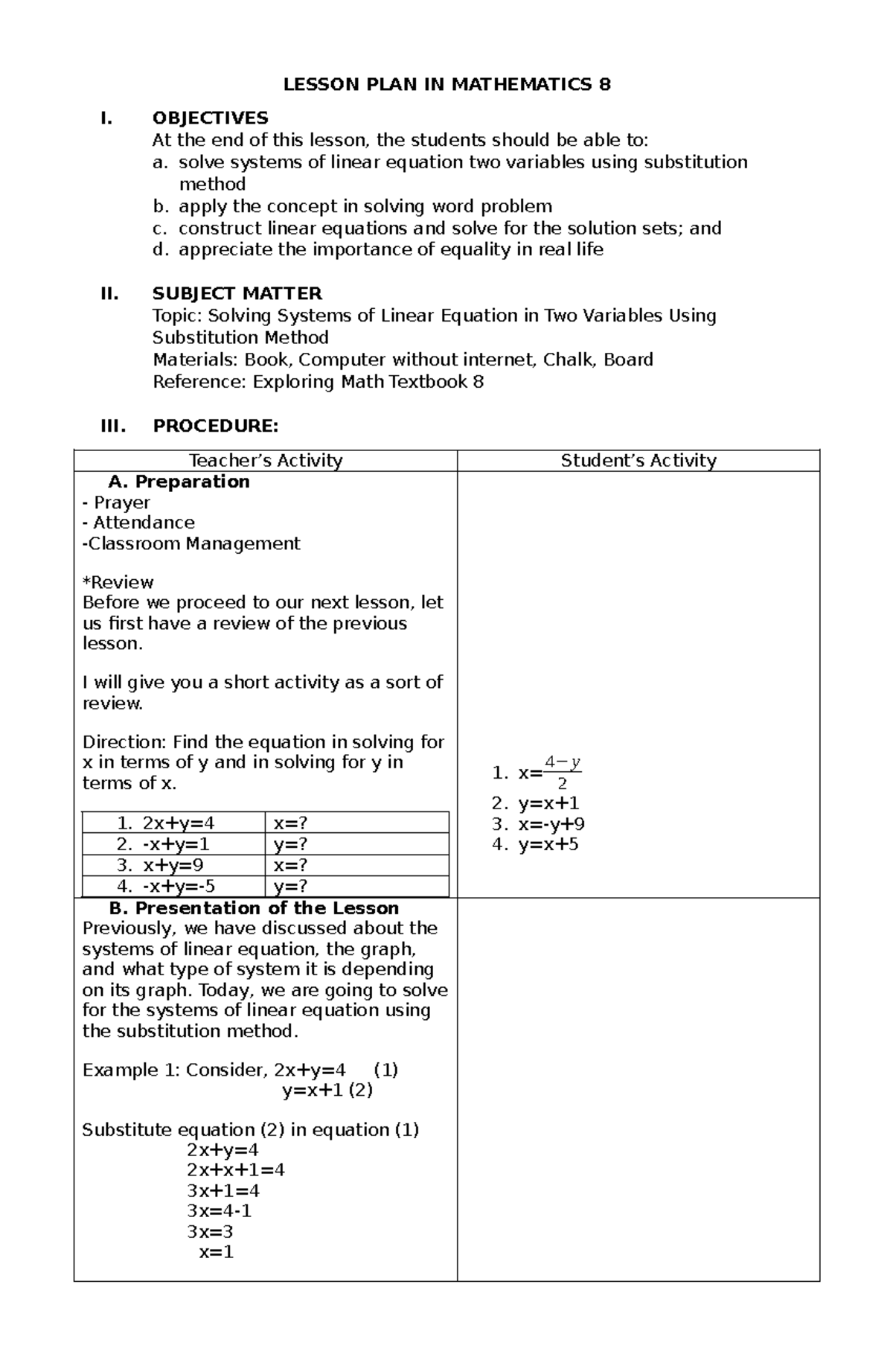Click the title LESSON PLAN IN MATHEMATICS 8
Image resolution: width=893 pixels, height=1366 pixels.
[x=446, y=85]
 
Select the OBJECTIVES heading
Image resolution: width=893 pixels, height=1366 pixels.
[x=210, y=118]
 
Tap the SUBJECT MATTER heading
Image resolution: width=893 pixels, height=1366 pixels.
[x=237, y=293]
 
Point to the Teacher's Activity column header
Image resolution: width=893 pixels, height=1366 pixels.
[x=266, y=461]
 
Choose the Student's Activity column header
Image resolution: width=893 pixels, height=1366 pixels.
[x=638, y=461]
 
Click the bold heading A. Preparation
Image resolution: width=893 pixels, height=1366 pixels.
[x=179, y=482]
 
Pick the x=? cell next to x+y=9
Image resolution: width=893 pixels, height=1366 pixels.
[x=290, y=865]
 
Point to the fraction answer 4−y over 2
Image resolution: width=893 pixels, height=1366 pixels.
[x=562, y=773]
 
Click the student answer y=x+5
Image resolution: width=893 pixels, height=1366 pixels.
[x=548, y=844]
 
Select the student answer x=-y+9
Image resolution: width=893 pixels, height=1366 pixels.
[x=551, y=824]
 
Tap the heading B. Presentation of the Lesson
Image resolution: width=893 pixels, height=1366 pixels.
[x=253, y=908]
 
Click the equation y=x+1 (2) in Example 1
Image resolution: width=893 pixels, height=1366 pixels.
[x=327, y=1090]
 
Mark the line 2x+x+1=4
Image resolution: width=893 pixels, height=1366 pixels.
[x=235, y=1169]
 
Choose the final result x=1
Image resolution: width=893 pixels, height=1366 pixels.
[x=216, y=1251]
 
